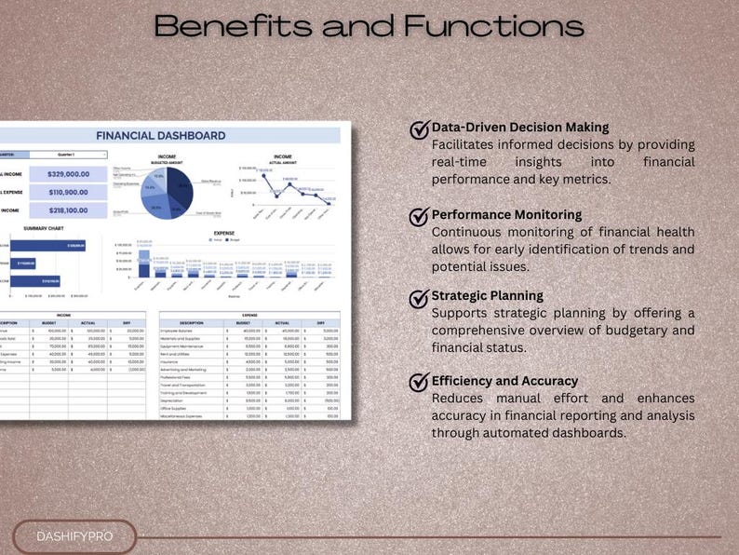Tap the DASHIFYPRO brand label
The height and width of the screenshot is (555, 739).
pos(74,536)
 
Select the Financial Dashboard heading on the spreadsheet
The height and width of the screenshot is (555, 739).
pos(160,135)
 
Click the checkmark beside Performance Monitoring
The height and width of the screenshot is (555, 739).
pos(420,217)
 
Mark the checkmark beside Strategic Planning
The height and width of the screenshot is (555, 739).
pos(420,298)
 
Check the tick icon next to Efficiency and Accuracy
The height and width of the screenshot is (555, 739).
pos(420,383)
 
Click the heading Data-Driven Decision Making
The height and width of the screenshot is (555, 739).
pos(519,128)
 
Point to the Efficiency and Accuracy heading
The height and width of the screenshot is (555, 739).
pos(504,381)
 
